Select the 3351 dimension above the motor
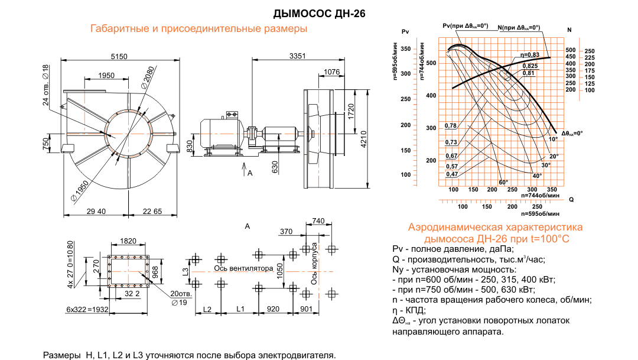[298, 56]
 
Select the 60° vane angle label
[503, 182]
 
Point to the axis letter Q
[571, 200]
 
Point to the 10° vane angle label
[553, 139]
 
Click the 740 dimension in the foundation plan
[318, 221]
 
